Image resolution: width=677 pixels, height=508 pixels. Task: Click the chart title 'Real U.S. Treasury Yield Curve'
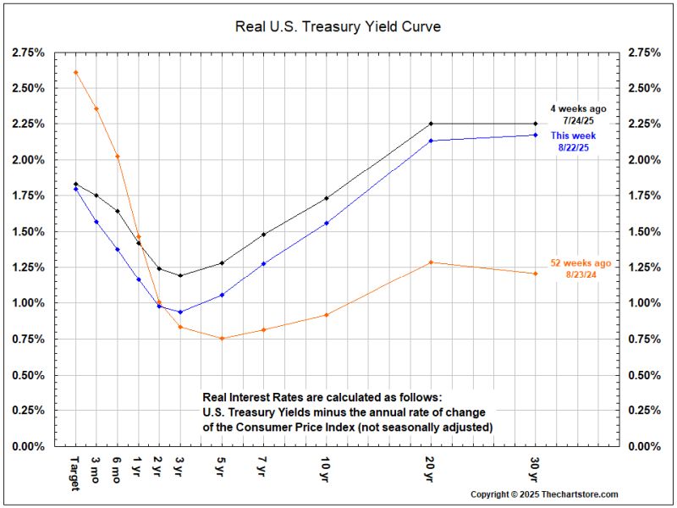pyautogui.click(x=338, y=26)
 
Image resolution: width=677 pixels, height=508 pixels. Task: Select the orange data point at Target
pyautogui.click(x=76, y=72)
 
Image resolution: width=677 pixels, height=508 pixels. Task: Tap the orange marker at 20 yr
pyautogui.click(x=431, y=262)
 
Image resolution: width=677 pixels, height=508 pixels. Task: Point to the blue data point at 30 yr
pyautogui.click(x=536, y=135)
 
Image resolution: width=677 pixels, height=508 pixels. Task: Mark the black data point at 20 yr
pyautogui.click(x=431, y=124)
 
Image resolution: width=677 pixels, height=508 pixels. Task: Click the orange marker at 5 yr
pyautogui.click(x=222, y=339)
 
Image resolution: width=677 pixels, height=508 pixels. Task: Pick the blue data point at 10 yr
pyautogui.click(x=327, y=223)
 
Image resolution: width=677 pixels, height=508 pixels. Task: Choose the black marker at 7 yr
pyautogui.click(x=264, y=235)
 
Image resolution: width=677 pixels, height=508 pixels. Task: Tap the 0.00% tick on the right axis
pyautogui.click(x=644, y=446)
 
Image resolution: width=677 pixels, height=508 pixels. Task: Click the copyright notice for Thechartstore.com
pyautogui.click(x=544, y=494)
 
